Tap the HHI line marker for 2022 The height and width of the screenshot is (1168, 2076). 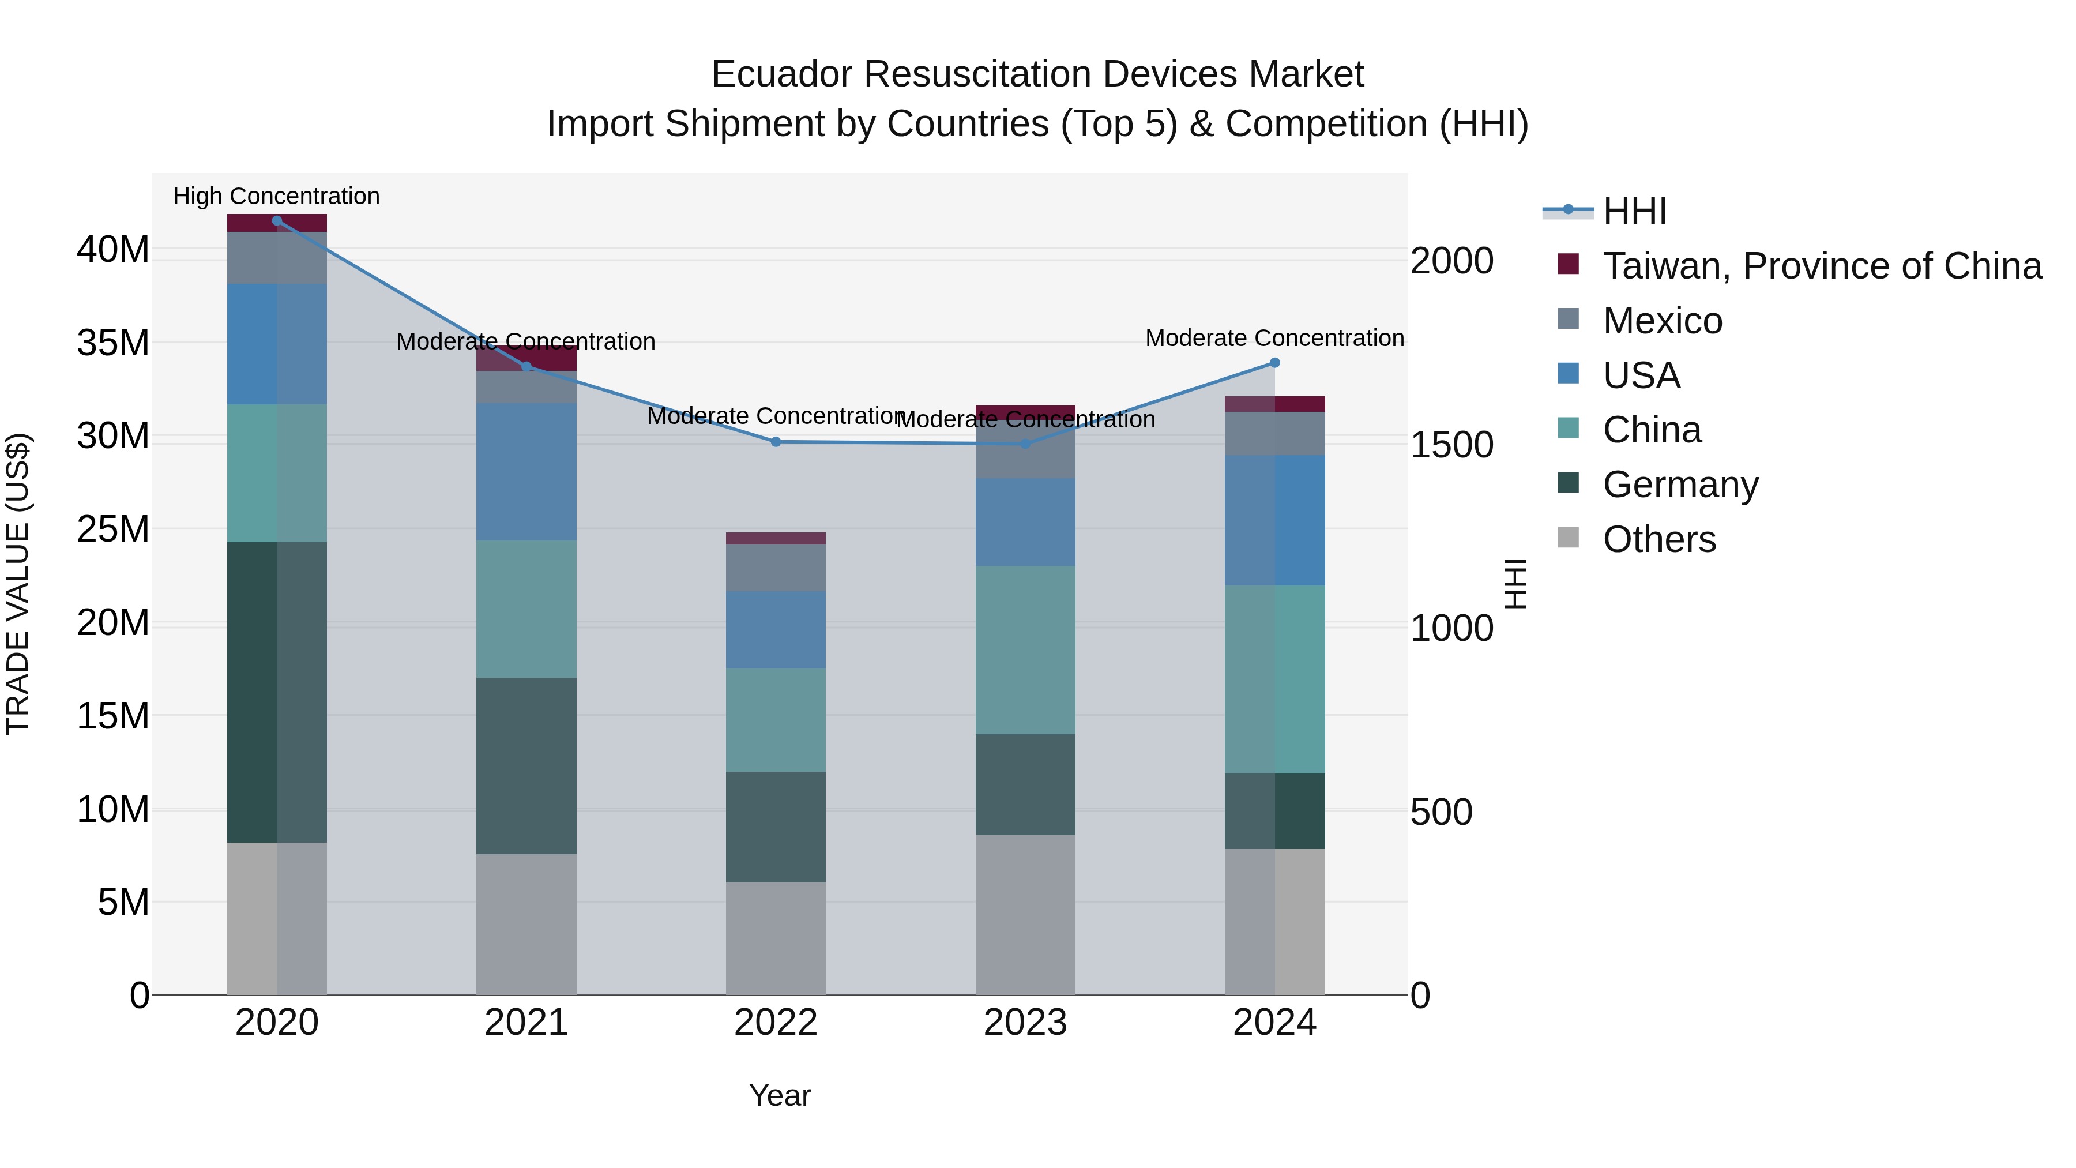[776, 442]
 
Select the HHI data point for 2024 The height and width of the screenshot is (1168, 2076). [1275, 363]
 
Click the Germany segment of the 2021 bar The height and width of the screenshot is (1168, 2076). [526, 766]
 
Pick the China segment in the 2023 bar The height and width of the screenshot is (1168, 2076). [1025, 649]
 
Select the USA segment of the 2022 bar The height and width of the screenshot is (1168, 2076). [776, 629]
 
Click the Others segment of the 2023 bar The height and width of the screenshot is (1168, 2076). [1025, 915]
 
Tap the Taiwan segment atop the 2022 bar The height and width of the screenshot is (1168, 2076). [776, 539]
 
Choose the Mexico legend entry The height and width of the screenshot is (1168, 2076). [1662, 321]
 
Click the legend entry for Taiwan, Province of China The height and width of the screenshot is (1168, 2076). [1821, 266]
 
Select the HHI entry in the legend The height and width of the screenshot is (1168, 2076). [1634, 211]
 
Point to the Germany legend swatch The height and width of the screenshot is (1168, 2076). [1569, 484]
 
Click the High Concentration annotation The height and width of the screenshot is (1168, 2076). [276, 196]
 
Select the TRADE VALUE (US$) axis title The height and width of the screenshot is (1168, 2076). [18, 584]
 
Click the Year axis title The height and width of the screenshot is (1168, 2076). [779, 1095]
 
